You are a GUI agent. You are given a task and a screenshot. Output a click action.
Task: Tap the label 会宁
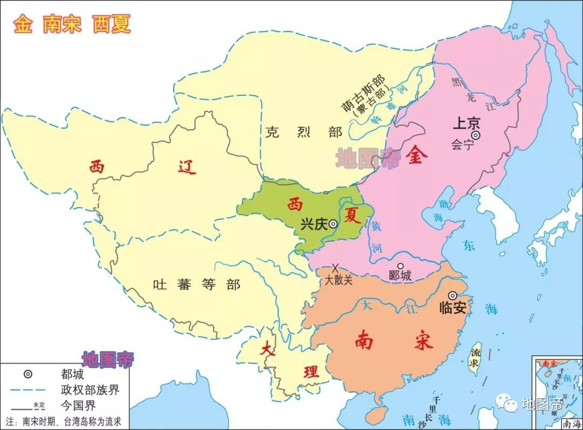pos(462,145)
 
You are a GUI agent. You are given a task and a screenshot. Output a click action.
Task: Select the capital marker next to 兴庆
pos(334,224)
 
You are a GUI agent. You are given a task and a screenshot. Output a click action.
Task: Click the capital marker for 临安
pos(452,295)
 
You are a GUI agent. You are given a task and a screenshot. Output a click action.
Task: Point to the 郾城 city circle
pos(400,266)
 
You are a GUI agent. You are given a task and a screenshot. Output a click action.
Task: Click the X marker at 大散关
pos(335,267)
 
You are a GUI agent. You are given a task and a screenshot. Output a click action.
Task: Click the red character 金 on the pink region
pos(417,156)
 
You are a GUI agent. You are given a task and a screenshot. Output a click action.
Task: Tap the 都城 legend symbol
pos(28,373)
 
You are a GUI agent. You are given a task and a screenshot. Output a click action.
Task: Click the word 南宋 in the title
pos(62,24)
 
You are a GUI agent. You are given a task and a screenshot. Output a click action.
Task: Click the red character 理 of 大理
pos(311,372)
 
